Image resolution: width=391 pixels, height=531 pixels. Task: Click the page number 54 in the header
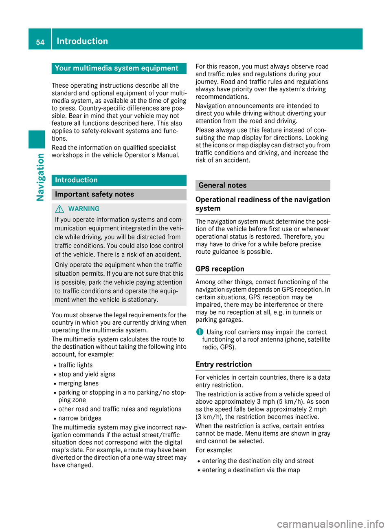coord(40,42)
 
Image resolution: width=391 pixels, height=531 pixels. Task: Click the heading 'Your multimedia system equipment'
coord(116,68)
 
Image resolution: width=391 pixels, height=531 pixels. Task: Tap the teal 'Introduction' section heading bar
coord(119,180)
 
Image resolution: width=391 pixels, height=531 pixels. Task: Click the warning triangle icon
coord(60,209)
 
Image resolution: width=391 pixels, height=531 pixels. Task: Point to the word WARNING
coord(84,209)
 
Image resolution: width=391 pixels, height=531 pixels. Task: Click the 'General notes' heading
coord(222,186)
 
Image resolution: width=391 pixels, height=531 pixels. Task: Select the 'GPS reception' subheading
coord(220,269)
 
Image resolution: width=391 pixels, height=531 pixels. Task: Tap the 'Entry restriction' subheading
coord(224,365)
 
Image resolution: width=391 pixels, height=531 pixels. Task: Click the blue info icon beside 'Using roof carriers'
coord(200,332)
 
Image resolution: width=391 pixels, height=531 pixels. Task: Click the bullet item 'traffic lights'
coord(75,365)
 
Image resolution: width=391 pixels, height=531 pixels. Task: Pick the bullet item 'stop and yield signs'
coord(87,374)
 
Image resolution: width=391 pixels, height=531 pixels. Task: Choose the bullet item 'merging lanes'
coord(79,383)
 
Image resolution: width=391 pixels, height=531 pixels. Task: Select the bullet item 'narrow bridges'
coord(80,418)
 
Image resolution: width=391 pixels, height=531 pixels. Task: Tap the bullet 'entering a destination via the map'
coord(251,470)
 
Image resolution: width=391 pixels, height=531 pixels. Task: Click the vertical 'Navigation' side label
coord(40,177)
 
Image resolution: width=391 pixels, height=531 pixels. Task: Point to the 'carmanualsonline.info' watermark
coord(330,524)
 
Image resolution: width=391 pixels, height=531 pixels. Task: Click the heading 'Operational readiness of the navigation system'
coord(263,204)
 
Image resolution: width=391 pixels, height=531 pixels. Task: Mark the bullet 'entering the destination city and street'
coord(258,461)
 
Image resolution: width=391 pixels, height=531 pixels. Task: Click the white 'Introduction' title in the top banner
coord(82,41)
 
